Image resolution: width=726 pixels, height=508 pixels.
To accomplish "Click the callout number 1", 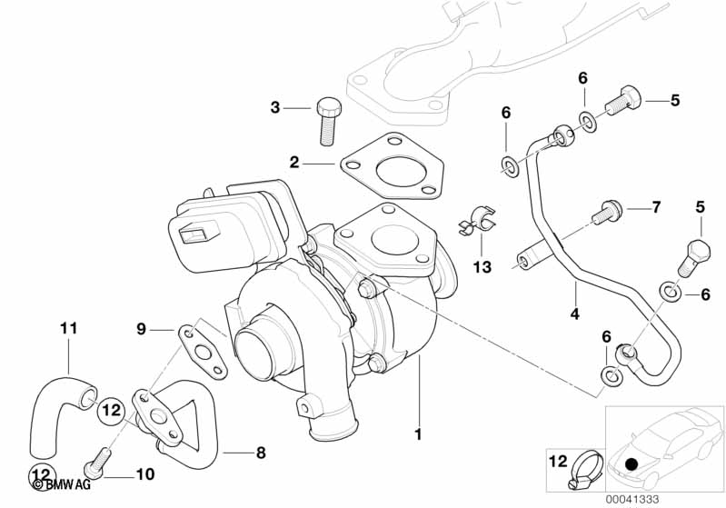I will coord(418,435).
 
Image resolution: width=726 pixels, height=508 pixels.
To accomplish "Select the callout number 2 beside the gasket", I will coord(294,163).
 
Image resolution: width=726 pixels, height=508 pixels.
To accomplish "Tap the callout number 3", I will coord(275,108).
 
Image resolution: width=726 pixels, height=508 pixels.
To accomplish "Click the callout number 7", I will coord(656,208).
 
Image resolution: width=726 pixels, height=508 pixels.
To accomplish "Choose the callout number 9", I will coord(141,329).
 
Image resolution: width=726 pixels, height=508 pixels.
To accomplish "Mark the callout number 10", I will coord(144,474).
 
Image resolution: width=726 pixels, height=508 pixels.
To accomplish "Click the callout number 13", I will coord(482,266).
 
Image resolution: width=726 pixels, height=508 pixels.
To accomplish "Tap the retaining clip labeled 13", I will coord(479,223).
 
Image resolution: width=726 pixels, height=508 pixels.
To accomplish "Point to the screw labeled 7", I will coord(605,213).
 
